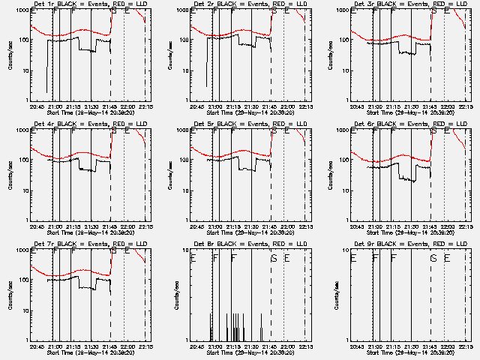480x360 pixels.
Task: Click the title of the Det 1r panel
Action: click(91, 4)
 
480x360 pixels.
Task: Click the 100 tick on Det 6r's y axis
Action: click(346, 160)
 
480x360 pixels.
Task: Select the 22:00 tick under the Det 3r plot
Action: click(447, 106)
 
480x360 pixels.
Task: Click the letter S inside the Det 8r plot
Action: click(274, 258)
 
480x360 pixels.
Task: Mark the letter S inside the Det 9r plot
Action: click(434, 258)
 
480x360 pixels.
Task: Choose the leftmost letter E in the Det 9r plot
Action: click(353, 258)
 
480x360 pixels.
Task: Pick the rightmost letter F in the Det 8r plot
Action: click(234, 258)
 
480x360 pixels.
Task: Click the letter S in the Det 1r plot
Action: click(113, 11)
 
